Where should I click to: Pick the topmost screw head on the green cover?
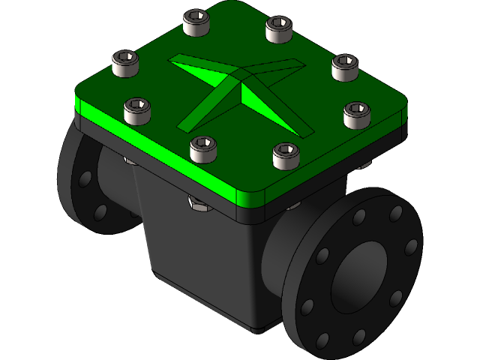point(196,22)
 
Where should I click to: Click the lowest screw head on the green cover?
point(285,155)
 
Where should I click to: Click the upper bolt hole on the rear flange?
point(85,178)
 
